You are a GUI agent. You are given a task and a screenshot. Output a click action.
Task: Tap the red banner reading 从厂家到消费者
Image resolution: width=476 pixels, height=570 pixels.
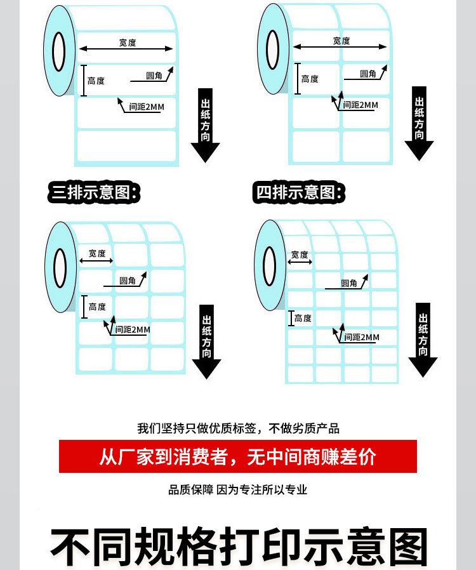coord(238,456)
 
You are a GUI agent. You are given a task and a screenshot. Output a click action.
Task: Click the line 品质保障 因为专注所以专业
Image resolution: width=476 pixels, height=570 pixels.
coord(238,489)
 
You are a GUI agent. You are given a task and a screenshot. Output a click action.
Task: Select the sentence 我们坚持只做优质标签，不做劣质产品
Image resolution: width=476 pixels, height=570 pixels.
coord(239,428)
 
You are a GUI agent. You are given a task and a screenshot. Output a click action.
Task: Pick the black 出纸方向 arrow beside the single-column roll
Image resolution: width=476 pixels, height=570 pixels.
coord(205,126)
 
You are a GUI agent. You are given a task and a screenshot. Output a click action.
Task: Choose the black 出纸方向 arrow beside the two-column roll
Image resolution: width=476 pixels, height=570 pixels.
coord(419,124)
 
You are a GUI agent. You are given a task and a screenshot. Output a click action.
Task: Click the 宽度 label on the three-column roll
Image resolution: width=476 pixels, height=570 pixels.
coord(97,253)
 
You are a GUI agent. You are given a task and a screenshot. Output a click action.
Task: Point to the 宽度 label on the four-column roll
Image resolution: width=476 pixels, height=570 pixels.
coord(300,255)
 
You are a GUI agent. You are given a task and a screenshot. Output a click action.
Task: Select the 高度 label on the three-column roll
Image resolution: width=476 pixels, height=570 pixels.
coord(97,307)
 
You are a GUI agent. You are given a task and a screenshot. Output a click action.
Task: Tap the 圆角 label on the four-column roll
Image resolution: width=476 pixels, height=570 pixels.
coord(350,283)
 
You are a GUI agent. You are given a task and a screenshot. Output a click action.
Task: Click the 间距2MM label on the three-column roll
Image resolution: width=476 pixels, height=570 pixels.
coord(133,329)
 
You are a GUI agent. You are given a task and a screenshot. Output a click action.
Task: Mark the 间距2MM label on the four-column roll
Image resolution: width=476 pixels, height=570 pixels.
coord(362,337)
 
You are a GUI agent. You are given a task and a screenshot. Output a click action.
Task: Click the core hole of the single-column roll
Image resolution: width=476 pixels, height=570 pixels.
coord(59,51)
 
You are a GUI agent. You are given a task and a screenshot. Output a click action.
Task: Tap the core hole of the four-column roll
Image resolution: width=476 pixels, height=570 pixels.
coord(270,265)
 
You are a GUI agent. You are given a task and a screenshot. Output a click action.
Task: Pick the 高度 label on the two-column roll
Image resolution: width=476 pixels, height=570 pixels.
coord(310,79)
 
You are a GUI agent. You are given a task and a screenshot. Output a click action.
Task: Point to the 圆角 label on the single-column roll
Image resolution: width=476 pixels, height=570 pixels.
coord(154,76)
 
